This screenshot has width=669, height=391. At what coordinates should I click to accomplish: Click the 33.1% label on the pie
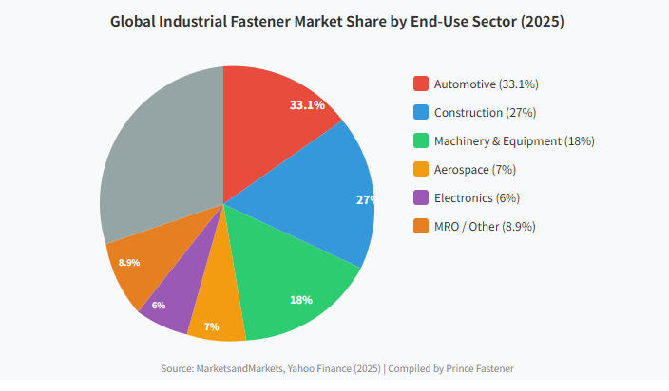307,104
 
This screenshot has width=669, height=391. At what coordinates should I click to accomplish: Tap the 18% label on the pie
300,300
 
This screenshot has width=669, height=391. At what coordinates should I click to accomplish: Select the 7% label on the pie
211,326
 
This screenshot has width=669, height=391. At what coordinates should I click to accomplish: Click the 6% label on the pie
158,305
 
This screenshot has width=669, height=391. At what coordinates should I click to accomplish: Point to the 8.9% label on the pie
128,262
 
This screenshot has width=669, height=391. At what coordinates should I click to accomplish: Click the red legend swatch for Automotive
421,84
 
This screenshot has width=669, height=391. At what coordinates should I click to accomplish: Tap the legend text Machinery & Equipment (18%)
514,141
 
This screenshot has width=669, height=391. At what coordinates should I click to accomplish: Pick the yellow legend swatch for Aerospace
421,170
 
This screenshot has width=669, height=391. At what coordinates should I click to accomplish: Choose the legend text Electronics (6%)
476,198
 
